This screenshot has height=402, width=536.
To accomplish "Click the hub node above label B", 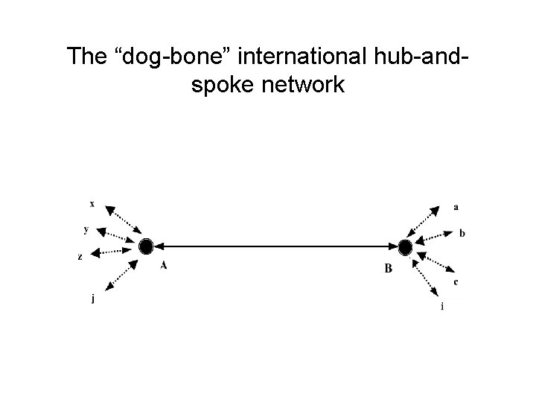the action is click(x=405, y=246).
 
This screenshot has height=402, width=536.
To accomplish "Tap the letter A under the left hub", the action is click(x=163, y=266).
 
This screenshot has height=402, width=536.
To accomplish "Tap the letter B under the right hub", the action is click(x=388, y=269).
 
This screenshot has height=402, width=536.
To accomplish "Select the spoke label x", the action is click(x=92, y=202).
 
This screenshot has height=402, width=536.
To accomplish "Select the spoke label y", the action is click(x=87, y=229).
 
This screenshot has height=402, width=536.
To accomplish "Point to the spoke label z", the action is click(x=80, y=257).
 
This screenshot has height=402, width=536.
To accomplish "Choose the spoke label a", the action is click(x=456, y=206).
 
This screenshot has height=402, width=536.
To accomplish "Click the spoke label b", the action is click(x=462, y=233).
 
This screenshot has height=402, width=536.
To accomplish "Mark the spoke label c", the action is click(x=456, y=282).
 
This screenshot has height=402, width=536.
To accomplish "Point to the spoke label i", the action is click(x=442, y=306).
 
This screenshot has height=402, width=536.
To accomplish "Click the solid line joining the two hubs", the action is click(x=275, y=246).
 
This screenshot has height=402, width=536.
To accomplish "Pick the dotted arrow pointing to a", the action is click(x=426, y=223).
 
